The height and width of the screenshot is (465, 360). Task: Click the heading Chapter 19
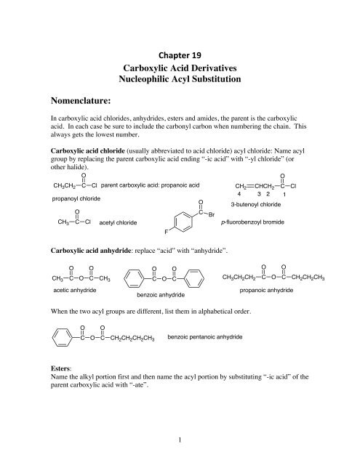[x=180, y=52]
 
